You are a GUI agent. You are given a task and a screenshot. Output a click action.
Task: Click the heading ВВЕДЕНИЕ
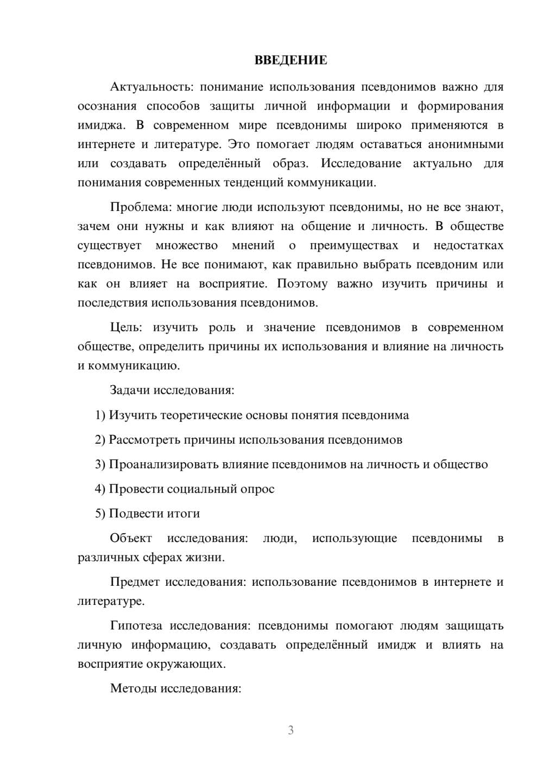pyautogui.click(x=291, y=60)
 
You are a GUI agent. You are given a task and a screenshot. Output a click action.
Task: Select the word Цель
pyautogui.click(x=126, y=328)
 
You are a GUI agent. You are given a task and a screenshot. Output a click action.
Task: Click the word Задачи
pyautogui.click(x=130, y=390)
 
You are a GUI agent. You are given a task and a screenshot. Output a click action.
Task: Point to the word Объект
pyautogui.click(x=131, y=539)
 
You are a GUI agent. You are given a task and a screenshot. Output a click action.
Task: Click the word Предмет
pyautogui.click(x=135, y=583)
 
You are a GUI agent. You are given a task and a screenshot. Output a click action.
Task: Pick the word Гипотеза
pyautogui.click(x=136, y=626)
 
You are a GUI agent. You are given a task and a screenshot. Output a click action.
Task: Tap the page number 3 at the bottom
pyautogui.click(x=291, y=730)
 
